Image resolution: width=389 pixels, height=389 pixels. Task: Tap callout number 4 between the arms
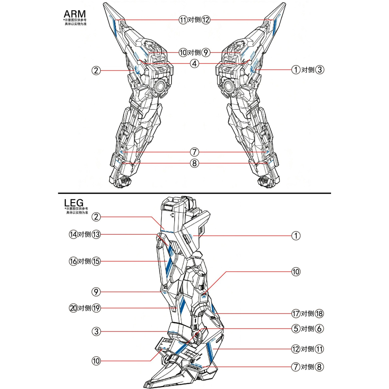click(x=194, y=63)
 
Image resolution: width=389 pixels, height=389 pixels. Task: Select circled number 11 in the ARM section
click(x=183, y=20)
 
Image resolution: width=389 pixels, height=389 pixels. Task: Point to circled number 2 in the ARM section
click(x=96, y=70)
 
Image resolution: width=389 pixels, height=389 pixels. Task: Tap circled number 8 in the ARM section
click(x=194, y=163)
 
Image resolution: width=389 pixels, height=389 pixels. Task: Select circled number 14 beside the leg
click(x=73, y=235)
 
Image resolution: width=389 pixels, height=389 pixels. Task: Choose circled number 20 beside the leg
click(x=73, y=308)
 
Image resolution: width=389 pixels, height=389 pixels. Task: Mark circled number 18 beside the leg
click(x=319, y=314)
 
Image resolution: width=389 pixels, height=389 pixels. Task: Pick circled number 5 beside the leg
click(x=296, y=329)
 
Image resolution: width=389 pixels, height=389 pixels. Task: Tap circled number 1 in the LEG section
click(x=296, y=236)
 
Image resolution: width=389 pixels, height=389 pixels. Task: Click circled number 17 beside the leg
click(x=296, y=314)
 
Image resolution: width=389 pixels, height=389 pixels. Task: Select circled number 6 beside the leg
click(x=319, y=329)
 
